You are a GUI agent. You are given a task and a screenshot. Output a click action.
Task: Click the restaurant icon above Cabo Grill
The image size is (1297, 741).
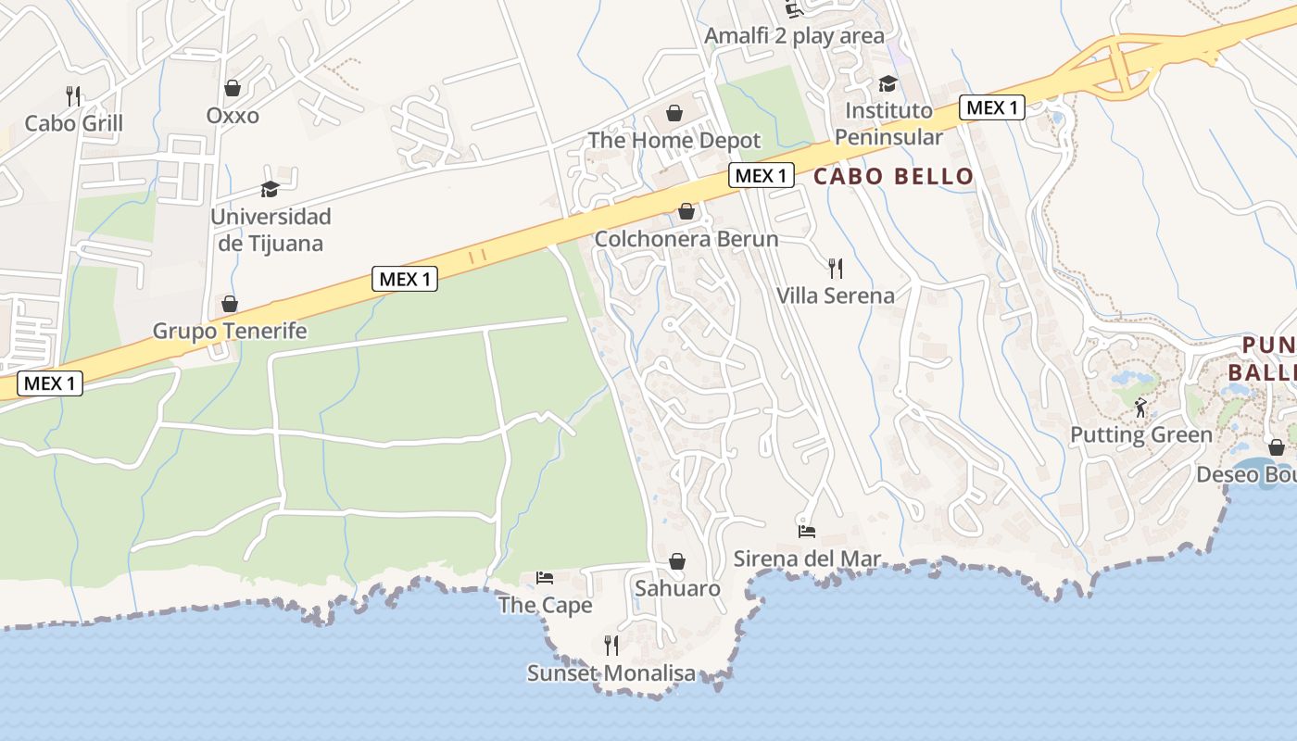(x=73, y=95)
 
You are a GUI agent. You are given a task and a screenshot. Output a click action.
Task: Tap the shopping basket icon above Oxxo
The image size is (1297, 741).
(x=233, y=88)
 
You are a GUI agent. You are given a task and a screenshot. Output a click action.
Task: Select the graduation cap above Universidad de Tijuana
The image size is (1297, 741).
(x=270, y=189)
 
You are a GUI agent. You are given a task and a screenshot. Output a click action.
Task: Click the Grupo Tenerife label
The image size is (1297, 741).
(x=230, y=331)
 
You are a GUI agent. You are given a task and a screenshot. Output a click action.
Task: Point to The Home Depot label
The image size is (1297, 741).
(x=674, y=140)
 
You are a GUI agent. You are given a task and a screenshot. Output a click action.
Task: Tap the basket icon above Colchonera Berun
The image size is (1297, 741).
(x=686, y=211)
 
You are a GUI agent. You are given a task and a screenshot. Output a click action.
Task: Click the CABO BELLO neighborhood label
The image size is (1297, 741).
(x=893, y=176)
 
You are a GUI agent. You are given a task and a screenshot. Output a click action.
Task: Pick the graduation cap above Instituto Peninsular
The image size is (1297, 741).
(x=888, y=83)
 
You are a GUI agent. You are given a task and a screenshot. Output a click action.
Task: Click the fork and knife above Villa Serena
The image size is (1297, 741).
(x=836, y=269)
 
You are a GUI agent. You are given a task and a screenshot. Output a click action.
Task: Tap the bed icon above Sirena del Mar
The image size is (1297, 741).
(x=807, y=532)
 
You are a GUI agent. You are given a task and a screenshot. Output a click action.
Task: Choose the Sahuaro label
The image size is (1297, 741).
(x=677, y=588)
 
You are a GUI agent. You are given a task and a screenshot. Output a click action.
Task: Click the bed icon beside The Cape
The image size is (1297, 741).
(x=544, y=578)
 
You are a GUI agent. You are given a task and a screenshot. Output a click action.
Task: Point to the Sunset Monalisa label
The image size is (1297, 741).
(x=611, y=673)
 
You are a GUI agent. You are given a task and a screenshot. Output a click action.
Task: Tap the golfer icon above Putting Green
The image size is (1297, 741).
(x=1140, y=407)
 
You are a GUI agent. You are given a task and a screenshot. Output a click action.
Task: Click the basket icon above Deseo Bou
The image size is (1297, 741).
(x=1277, y=447)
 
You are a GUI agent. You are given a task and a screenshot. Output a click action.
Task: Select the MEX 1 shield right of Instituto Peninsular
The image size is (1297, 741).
(x=992, y=107)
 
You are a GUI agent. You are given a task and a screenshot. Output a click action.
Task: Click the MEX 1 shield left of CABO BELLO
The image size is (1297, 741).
(x=762, y=174)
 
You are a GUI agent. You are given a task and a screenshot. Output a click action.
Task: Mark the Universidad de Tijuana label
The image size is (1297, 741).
(x=271, y=230)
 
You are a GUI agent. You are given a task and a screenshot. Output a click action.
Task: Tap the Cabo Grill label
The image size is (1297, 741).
(x=73, y=123)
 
